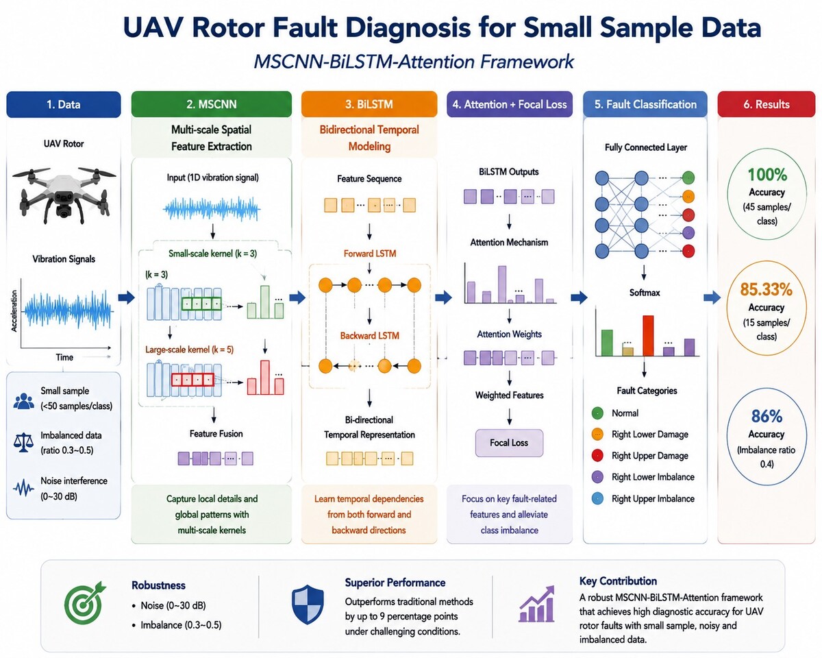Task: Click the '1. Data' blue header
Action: pos(64,104)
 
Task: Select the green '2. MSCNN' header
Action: pos(211,104)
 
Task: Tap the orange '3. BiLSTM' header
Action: pos(369,104)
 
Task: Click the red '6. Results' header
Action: pos(767,104)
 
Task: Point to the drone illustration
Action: pos(64,194)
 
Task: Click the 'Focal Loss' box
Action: pos(509,443)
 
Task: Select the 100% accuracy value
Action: pos(767,175)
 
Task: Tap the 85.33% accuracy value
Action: pos(767,289)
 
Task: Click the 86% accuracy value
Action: pos(767,416)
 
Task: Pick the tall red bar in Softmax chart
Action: pos(648,336)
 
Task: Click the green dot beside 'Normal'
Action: pos(597,413)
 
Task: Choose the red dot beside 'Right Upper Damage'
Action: pos(597,455)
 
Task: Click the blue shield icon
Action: pos(308,604)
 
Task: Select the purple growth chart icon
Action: pos(536,604)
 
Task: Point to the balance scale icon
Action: pos(23,443)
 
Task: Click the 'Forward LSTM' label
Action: pos(370,254)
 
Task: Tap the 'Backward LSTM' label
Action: pos(370,336)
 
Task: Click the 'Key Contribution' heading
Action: pos(618,581)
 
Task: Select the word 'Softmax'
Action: pos(645,293)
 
